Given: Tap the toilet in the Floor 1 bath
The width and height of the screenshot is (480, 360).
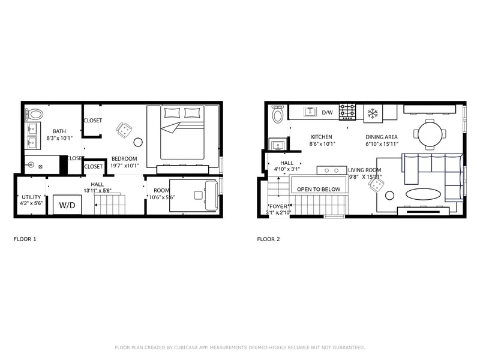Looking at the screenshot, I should click(x=34, y=113).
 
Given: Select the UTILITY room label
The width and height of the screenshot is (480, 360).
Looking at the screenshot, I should click(x=31, y=197).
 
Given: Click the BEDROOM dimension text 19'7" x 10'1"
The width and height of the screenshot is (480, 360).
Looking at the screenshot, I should click(x=124, y=166).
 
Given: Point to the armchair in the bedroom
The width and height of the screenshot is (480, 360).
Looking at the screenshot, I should click(x=124, y=128).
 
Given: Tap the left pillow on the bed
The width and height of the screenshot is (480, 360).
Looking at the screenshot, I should click(x=172, y=113).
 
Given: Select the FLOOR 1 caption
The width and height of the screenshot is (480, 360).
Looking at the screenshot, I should click(x=25, y=239).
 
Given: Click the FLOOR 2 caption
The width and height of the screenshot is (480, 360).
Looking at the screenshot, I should click(x=268, y=239).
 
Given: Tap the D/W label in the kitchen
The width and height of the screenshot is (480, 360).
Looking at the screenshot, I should click(x=327, y=112).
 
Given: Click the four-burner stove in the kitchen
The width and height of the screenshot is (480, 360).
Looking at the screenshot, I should click(x=347, y=112).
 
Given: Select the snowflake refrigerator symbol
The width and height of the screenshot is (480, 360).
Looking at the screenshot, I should click(x=372, y=113).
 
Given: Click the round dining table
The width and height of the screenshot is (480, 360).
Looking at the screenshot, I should click(x=431, y=133).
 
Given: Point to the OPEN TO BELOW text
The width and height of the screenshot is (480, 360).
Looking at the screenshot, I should click(x=319, y=189).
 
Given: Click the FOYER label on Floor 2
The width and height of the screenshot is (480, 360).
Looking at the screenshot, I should click(x=278, y=206).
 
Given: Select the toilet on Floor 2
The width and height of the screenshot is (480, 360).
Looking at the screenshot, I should click(x=277, y=114).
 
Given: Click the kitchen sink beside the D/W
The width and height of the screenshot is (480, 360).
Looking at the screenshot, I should click(x=310, y=112).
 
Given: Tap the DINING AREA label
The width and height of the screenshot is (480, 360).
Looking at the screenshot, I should click(x=382, y=137).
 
